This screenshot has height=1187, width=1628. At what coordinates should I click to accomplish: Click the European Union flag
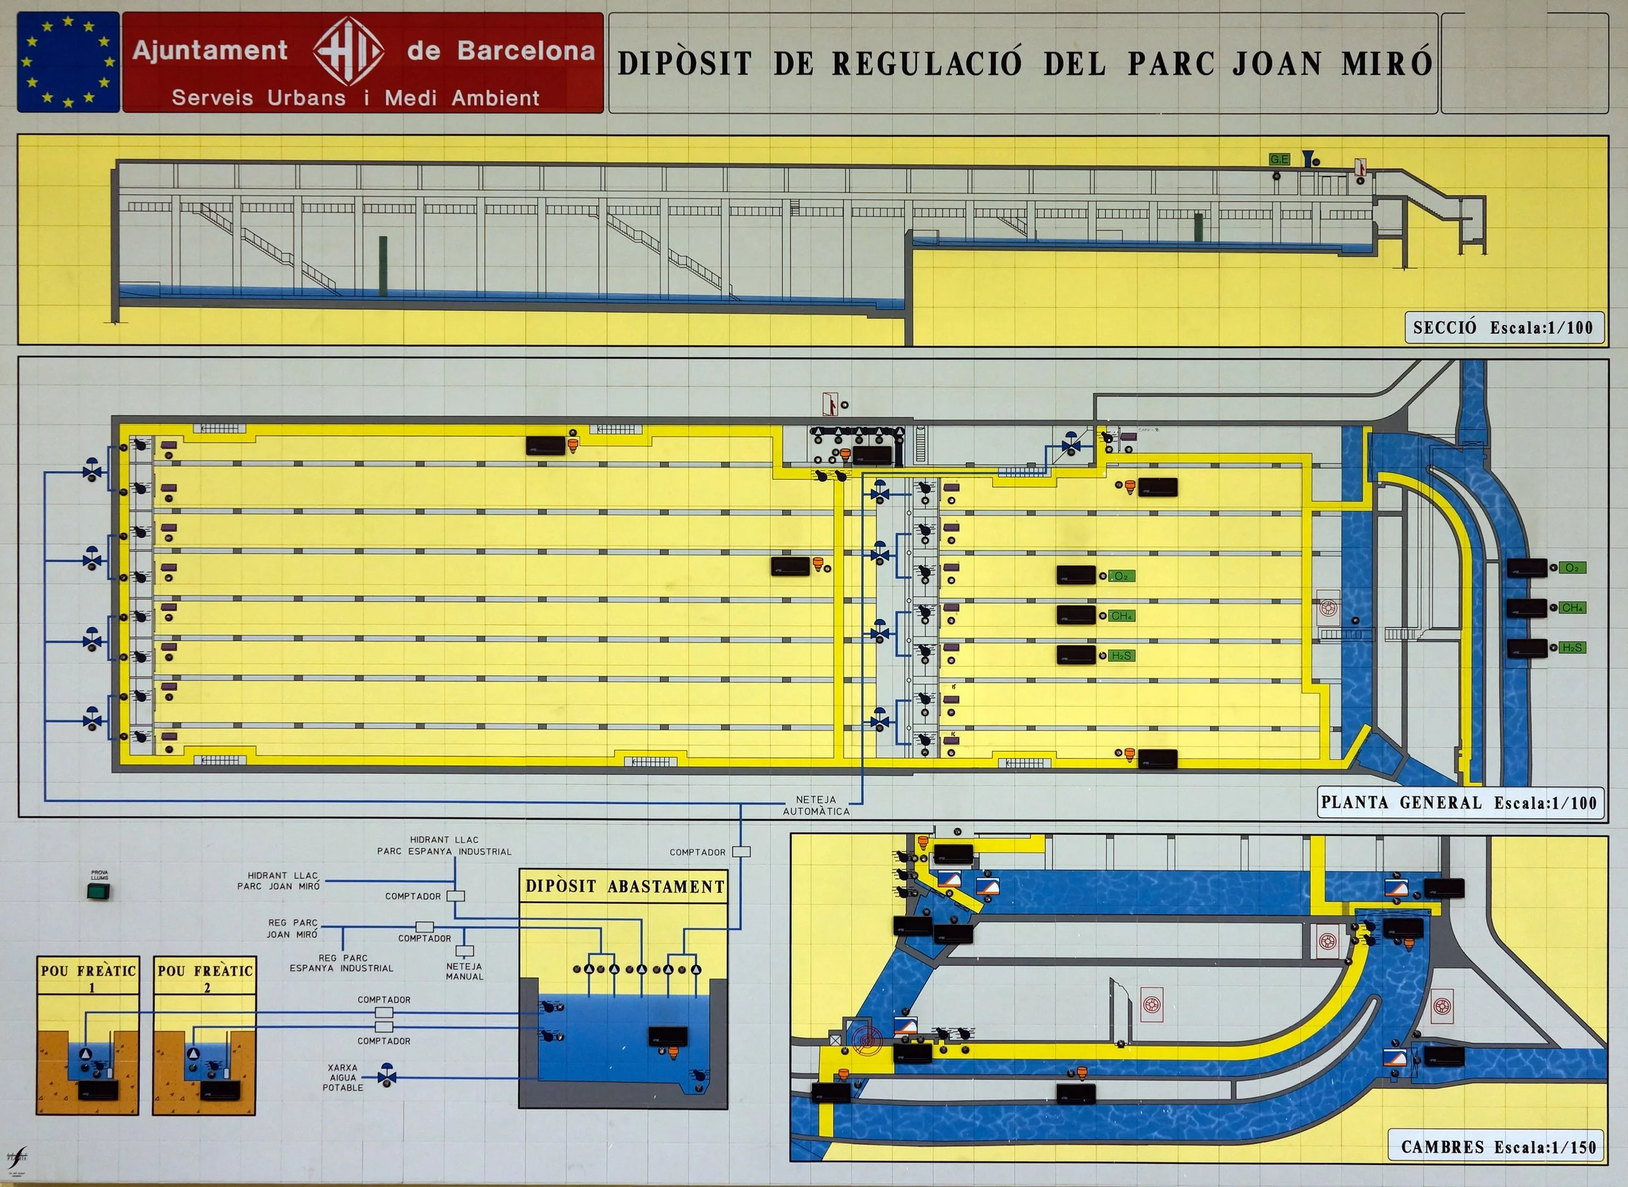click(x=68, y=62)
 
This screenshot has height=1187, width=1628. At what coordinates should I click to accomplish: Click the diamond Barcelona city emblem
click(x=348, y=51)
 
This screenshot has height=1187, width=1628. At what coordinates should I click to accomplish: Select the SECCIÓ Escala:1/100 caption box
click(x=1503, y=328)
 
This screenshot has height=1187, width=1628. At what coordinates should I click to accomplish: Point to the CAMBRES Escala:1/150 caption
click(x=1498, y=1147)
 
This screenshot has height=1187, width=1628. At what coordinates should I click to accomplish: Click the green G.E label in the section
click(x=1279, y=159)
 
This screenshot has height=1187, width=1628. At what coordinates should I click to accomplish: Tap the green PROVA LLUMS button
click(x=98, y=892)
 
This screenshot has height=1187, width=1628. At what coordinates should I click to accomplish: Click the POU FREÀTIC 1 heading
click(x=89, y=977)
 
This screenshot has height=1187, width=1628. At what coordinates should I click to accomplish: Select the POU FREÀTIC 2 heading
click(x=204, y=977)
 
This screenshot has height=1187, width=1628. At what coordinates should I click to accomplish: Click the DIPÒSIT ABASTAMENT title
click(x=624, y=887)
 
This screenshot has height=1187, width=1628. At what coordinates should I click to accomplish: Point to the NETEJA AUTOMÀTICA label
click(x=816, y=805)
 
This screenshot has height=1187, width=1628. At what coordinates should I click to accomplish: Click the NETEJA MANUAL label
click(x=464, y=971)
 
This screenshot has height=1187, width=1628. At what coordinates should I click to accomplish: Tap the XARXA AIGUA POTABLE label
click(x=343, y=1078)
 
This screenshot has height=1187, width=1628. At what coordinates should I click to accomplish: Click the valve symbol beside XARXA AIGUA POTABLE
click(x=387, y=1077)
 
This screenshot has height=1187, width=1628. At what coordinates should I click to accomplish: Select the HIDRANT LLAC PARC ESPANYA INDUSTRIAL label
click(x=445, y=845)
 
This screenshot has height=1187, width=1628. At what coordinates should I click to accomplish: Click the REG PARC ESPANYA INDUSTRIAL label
click(x=342, y=963)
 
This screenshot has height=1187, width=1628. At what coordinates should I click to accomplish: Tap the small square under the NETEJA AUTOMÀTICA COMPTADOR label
click(x=742, y=852)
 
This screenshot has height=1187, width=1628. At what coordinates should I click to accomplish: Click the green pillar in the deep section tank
click(x=383, y=266)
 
